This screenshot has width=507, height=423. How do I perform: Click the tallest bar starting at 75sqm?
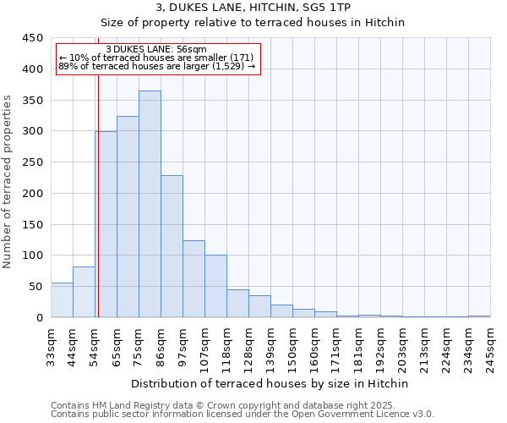click(x=150, y=204)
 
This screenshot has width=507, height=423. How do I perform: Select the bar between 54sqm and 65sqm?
click(x=106, y=224)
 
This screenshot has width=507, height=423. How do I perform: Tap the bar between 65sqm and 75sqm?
click(x=128, y=217)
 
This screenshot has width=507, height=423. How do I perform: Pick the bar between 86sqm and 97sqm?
click(x=172, y=246)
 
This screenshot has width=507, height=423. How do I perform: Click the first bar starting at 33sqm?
click(x=62, y=300)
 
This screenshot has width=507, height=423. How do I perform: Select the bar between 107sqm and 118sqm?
click(x=215, y=286)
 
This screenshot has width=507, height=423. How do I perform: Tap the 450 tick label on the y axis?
click(x=33, y=38)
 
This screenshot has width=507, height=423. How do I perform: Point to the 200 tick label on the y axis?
click(x=33, y=194)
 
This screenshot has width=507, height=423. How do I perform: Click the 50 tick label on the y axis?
click(x=36, y=287)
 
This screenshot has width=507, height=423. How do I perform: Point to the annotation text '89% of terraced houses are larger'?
click(x=156, y=66)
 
